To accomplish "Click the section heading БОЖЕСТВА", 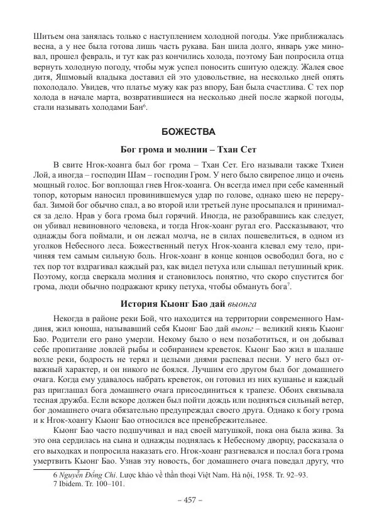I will coord(188,132).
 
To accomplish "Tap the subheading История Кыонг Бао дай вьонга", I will coord(188,305).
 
